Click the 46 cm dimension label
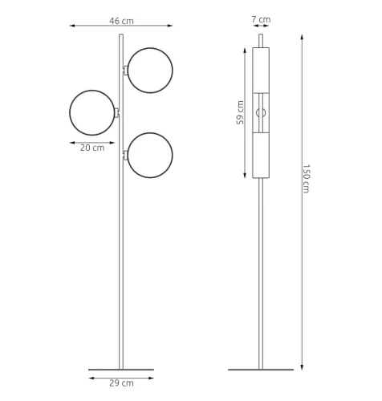click(121, 21)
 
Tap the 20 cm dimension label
click(92, 148)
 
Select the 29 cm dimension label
click(121, 383)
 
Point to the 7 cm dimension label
click(261, 19)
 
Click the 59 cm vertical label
click(240, 112)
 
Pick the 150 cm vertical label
click(306, 179)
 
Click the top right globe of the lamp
click(150, 48)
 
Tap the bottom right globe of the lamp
click(150, 133)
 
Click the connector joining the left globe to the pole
click(117, 112)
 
